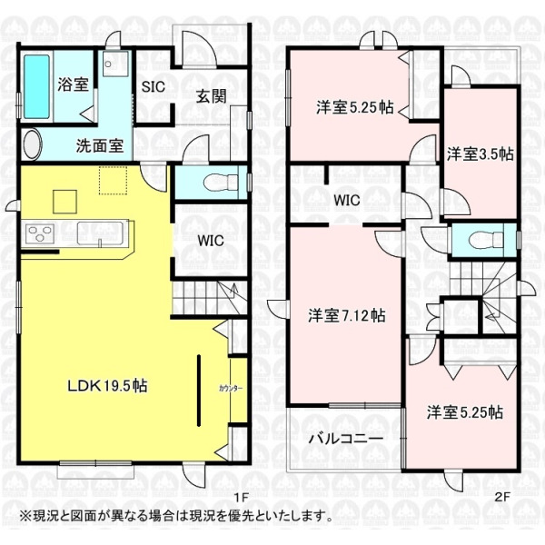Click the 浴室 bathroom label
pos(73,84)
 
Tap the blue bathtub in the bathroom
pos(36,86)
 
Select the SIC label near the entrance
pos(153,86)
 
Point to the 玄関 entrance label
pos(212,96)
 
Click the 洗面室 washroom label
pos(100,145)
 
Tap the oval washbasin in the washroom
pos(33,144)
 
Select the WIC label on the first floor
pos(211,241)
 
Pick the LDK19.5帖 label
pos(107,386)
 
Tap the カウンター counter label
pos(231,388)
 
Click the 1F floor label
pos(241,498)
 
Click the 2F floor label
pos(502,497)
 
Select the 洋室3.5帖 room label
pos(480,154)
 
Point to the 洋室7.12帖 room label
pos(347,316)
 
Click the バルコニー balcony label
pos(346,439)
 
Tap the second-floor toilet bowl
pos(486,240)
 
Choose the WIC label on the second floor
pos(347,201)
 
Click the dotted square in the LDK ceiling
pos(113,181)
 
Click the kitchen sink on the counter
pos(100,233)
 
